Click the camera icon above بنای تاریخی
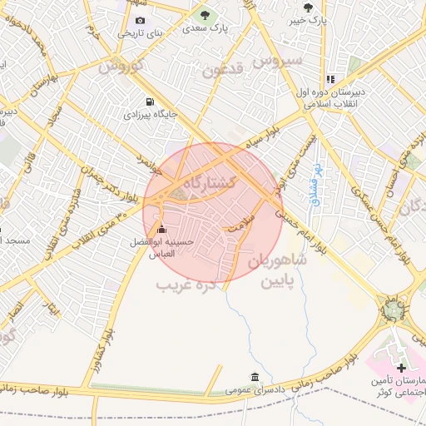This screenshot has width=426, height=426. click(140, 21)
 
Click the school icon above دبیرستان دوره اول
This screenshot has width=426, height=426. click(330, 80)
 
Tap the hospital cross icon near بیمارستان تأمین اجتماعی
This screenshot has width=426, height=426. click(401, 367)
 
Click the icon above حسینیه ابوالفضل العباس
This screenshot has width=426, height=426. click(161, 230)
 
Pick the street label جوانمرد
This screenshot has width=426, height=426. click(143, 158)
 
